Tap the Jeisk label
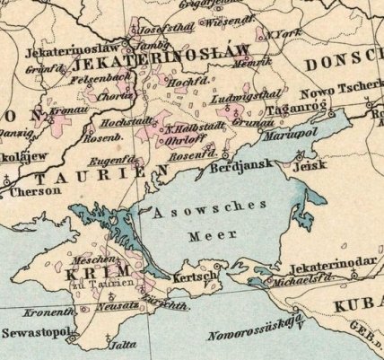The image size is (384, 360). (310, 167)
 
